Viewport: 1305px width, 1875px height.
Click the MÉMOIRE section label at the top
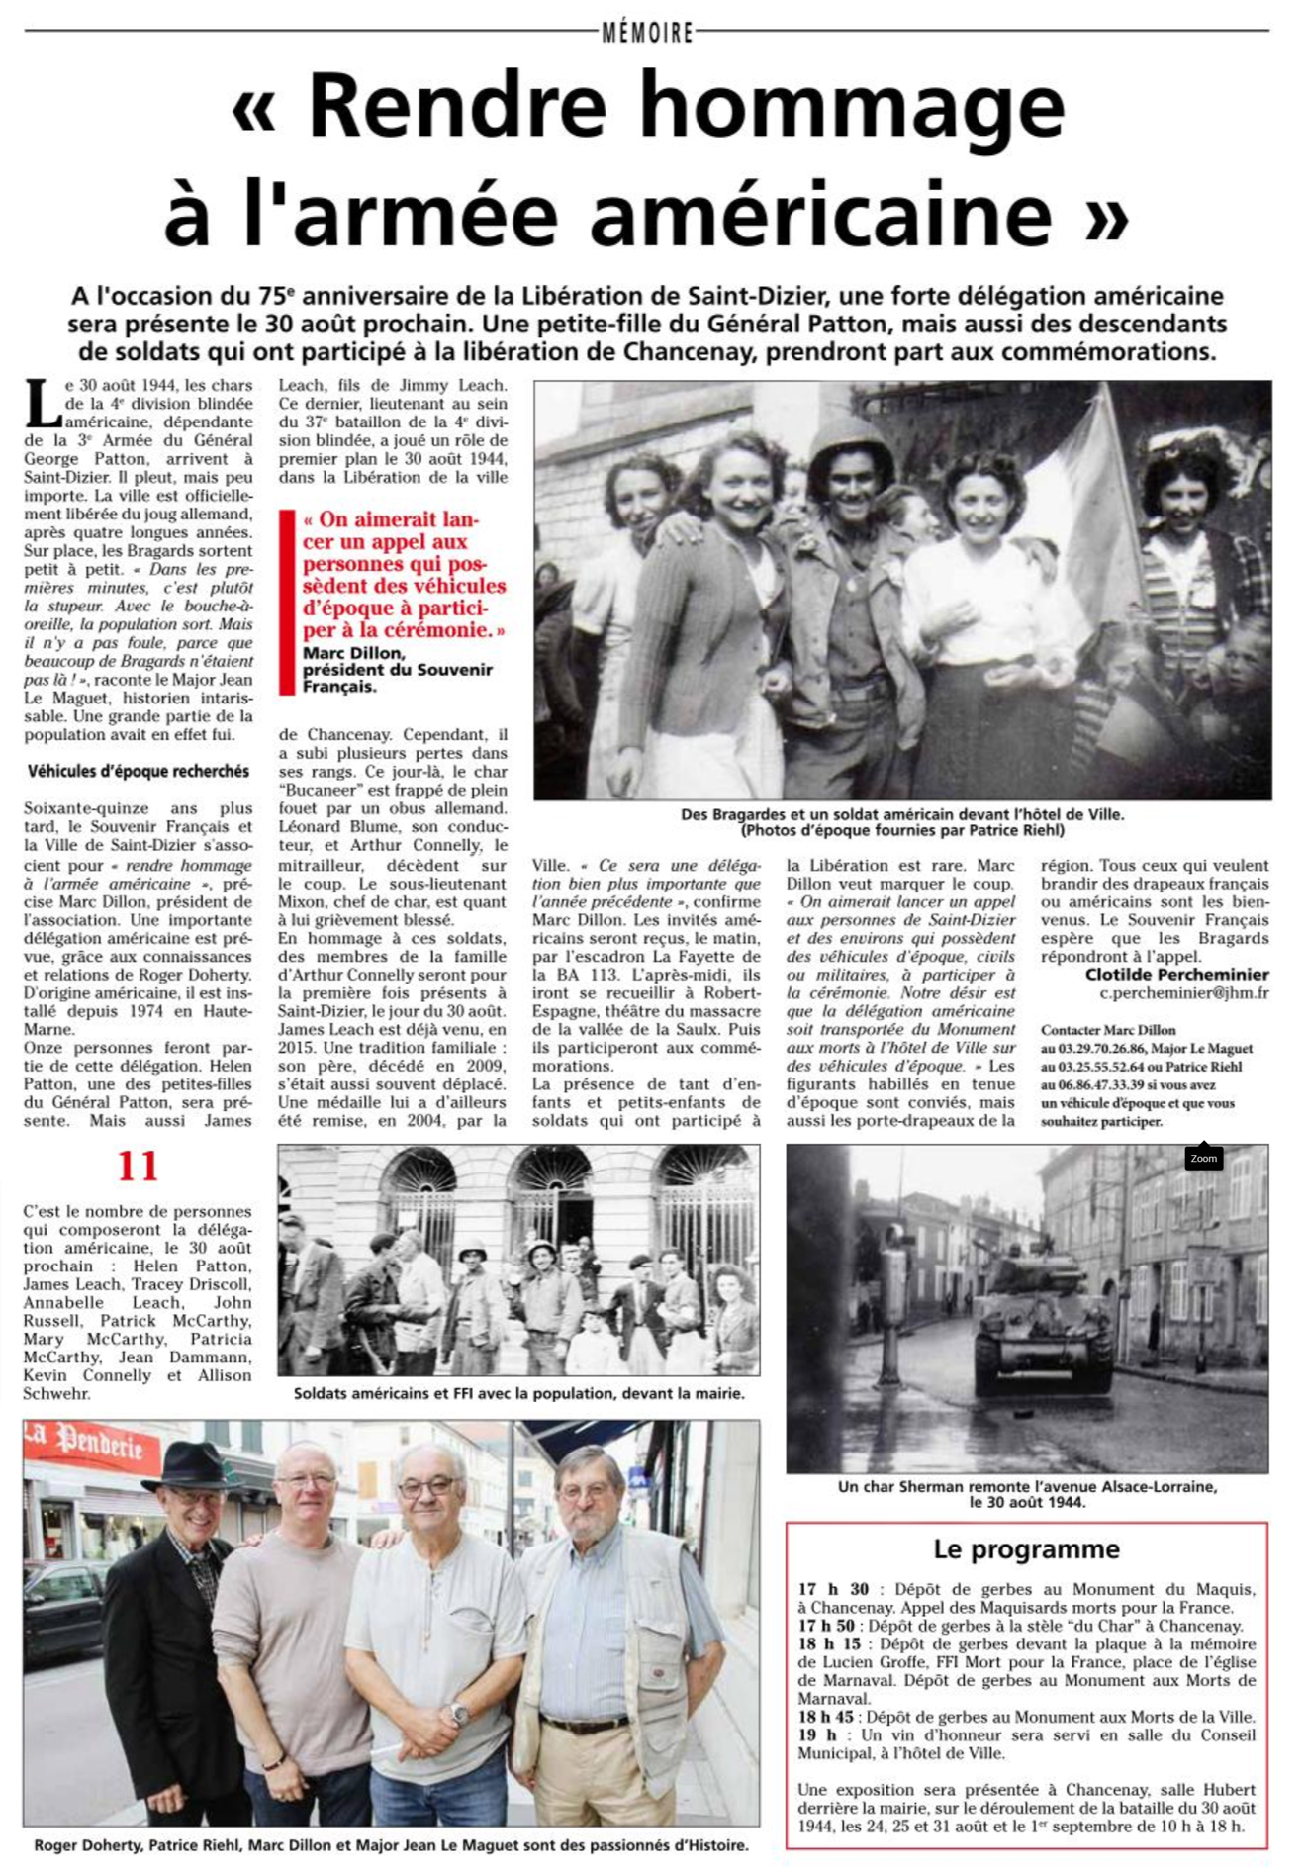[x=648, y=33]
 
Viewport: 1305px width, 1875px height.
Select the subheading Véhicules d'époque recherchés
[x=138, y=772]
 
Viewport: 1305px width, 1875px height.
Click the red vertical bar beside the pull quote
[x=287, y=602]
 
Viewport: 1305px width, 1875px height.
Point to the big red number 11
[x=138, y=1167]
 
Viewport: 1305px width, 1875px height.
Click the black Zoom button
[x=1203, y=1158]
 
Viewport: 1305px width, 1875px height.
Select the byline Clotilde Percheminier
[x=1176, y=975]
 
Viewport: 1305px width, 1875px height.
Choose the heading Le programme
[x=1026, y=1548]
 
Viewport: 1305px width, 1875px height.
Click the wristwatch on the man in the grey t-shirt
[x=458, y=1714]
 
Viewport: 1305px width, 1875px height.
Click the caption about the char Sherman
[x=1026, y=1493]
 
